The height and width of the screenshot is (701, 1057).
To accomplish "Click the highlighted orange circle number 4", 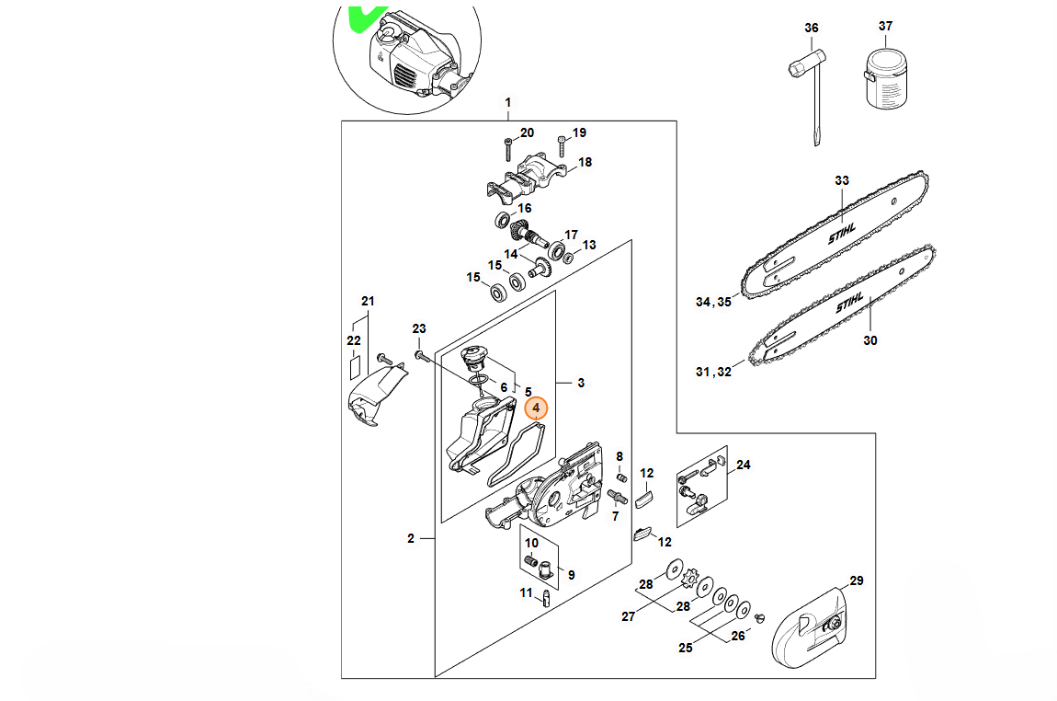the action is point(536,408).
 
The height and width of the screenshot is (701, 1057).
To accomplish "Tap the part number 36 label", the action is point(812,28).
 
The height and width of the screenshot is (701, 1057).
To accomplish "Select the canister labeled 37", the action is point(886,79).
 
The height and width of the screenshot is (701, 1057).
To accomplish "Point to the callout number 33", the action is point(842,180).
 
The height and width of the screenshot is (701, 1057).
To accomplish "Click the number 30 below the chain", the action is point(870,340).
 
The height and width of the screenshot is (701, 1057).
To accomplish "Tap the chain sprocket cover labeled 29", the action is point(808,626).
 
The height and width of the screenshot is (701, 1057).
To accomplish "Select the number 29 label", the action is point(856,580).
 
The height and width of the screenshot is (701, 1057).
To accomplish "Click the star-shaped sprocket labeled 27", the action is point(690,579).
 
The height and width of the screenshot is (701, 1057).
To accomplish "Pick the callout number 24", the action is point(744,465).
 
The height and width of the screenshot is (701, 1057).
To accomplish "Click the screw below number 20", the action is point(507,149).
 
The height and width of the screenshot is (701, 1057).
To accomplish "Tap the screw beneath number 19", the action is point(562,146).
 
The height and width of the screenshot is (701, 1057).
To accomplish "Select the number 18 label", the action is point(585,162).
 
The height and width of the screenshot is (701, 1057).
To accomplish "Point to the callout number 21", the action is point(368,301).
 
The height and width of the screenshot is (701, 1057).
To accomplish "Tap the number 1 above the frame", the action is point(507,102).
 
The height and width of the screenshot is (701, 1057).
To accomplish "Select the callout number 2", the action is point(411,538).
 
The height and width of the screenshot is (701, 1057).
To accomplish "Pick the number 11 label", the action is point(527,592).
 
